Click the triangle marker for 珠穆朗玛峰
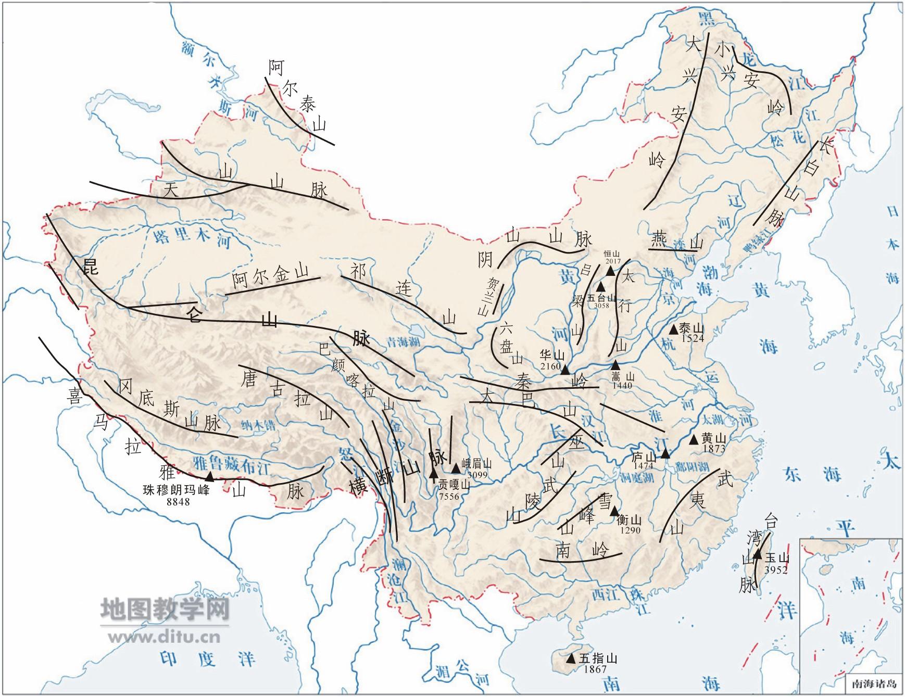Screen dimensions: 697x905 209,476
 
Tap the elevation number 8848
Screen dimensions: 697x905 176,501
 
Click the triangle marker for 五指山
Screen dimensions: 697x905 571,658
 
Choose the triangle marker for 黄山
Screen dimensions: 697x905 694,440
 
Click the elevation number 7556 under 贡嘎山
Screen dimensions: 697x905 449,496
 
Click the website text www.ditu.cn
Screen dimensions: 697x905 164,636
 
